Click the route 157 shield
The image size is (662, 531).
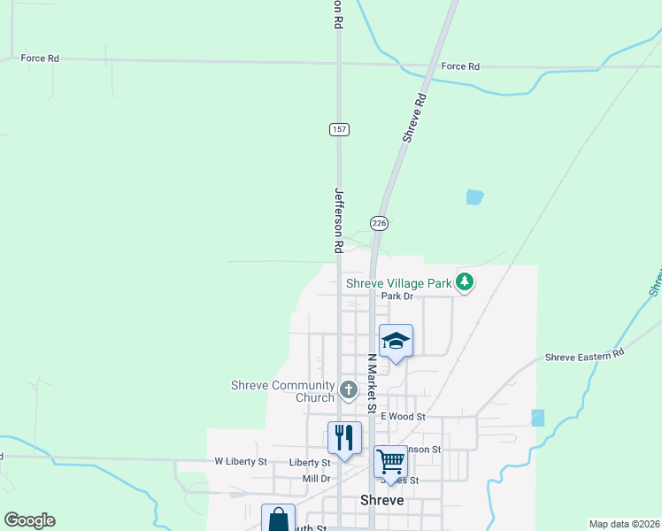click(339, 129)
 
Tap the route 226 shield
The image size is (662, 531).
click(380, 223)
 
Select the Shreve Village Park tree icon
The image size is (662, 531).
click(465, 283)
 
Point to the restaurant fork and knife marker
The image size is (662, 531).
click(343, 437)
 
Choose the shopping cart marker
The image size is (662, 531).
click(389, 461)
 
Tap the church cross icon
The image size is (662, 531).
click(348, 389)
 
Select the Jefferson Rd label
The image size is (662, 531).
click(338, 215)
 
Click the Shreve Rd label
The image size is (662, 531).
click(414, 119)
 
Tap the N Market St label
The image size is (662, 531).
click(373, 382)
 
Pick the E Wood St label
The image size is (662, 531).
click(404, 416)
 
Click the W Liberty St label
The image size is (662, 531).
click(240, 462)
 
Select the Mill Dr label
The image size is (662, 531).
click(316, 479)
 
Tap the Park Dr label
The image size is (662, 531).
click(397, 296)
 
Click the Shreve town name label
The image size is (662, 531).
click(382, 500)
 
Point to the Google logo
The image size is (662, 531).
click(29, 520)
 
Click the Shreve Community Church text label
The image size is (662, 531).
click(283, 391)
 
